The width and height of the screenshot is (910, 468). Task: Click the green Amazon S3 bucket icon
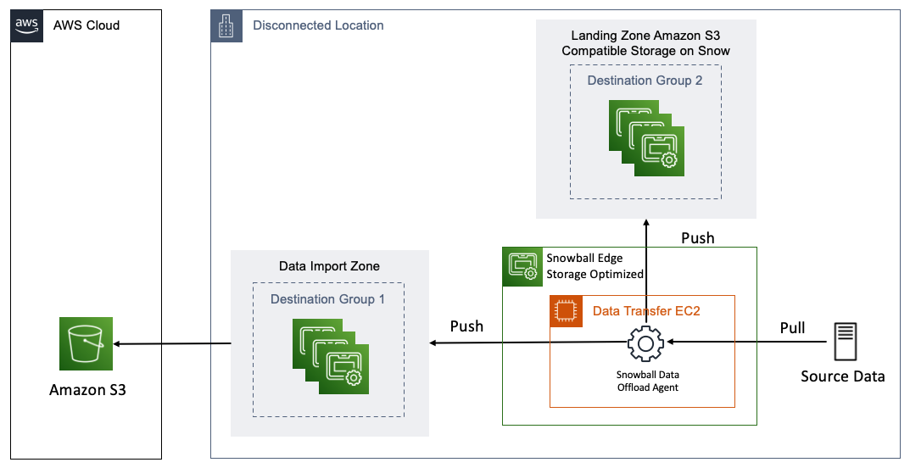click(x=87, y=344)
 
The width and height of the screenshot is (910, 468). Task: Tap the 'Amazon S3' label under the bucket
click(x=87, y=390)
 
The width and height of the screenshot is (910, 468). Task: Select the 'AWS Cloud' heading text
click(x=87, y=25)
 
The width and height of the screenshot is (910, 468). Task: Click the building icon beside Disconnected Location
click(x=226, y=25)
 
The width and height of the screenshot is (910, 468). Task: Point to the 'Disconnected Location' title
click(x=318, y=25)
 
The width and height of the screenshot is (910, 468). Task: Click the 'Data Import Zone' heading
click(x=329, y=266)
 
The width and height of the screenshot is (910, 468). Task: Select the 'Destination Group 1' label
click(x=327, y=299)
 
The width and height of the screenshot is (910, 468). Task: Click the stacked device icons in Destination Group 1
click(x=331, y=356)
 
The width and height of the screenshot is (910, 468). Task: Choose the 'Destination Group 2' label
click(x=645, y=81)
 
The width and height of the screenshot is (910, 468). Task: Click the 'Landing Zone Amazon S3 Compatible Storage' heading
click(x=645, y=43)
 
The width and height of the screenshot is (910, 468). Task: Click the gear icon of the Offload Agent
click(x=645, y=343)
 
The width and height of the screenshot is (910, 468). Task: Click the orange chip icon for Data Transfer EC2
click(x=564, y=311)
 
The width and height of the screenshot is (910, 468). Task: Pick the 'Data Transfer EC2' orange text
click(x=646, y=311)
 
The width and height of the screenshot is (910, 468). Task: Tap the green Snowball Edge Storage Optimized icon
click(x=520, y=265)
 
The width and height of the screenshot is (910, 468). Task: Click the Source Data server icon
click(x=844, y=343)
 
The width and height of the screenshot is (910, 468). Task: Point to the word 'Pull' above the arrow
click(x=792, y=327)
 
